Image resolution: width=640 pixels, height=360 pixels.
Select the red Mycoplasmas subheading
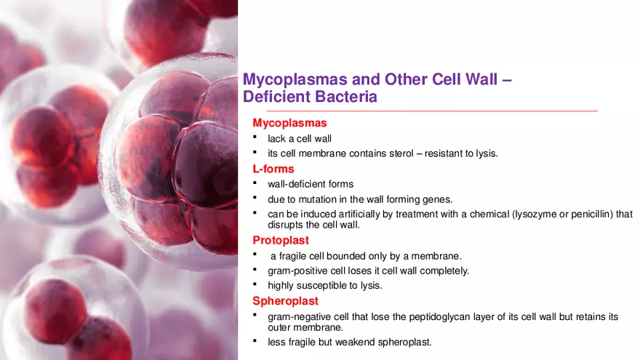pyautogui.click(x=289, y=123)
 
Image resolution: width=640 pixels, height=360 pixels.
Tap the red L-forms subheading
pyautogui.click(x=273, y=169)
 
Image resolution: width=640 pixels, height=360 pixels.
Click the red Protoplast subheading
pyautogui.click(x=281, y=240)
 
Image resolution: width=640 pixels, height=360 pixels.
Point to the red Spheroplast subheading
pyautogui.click(x=285, y=300)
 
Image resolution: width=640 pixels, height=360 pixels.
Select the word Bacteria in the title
pyautogui.click(x=345, y=96)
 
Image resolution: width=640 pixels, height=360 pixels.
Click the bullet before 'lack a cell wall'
pyautogui.click(x=255, y=137)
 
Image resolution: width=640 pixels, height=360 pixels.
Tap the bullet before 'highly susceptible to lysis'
pyautogui.click(x=255, y=284)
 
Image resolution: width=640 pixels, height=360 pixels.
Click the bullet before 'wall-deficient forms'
pyautogui.click(x=255, y=183)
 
